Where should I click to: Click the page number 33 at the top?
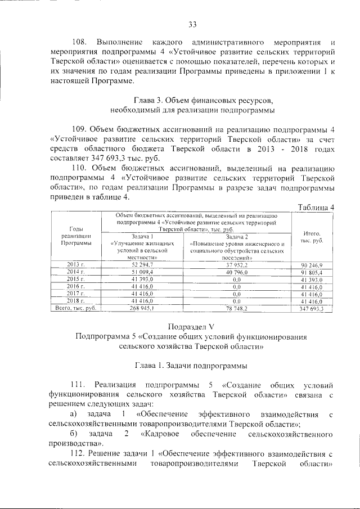click(192, 24)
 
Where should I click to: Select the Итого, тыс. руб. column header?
click(312, 236)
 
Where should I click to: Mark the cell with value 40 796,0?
click(236, 272)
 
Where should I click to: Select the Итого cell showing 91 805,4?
click(312, 272)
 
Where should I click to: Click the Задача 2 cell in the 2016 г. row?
click(236, 286)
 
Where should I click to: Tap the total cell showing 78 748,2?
click(236, 308)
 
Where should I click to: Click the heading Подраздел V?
click(191, 326)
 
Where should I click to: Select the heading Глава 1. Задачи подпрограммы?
click(191, 366)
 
